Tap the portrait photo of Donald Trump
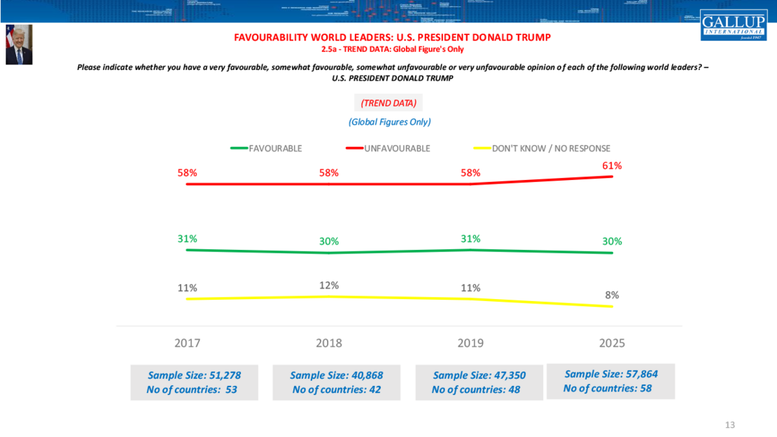point(19,45)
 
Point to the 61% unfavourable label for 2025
point(612,166)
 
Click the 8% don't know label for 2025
point(612,295)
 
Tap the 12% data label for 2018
point(329,285)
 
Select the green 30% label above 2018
point(329,241)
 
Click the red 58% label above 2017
point(187,173)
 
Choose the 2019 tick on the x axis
point(470,343)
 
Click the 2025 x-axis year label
point(612,343)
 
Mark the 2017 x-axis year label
point(187,343)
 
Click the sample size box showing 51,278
point(194,382)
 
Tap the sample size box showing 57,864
point(610,381)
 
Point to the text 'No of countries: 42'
point(336,389)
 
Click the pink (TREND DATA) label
point(388,103)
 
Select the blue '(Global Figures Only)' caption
point(389,122)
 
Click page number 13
point(730,425)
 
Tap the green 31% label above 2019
point(470,238)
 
